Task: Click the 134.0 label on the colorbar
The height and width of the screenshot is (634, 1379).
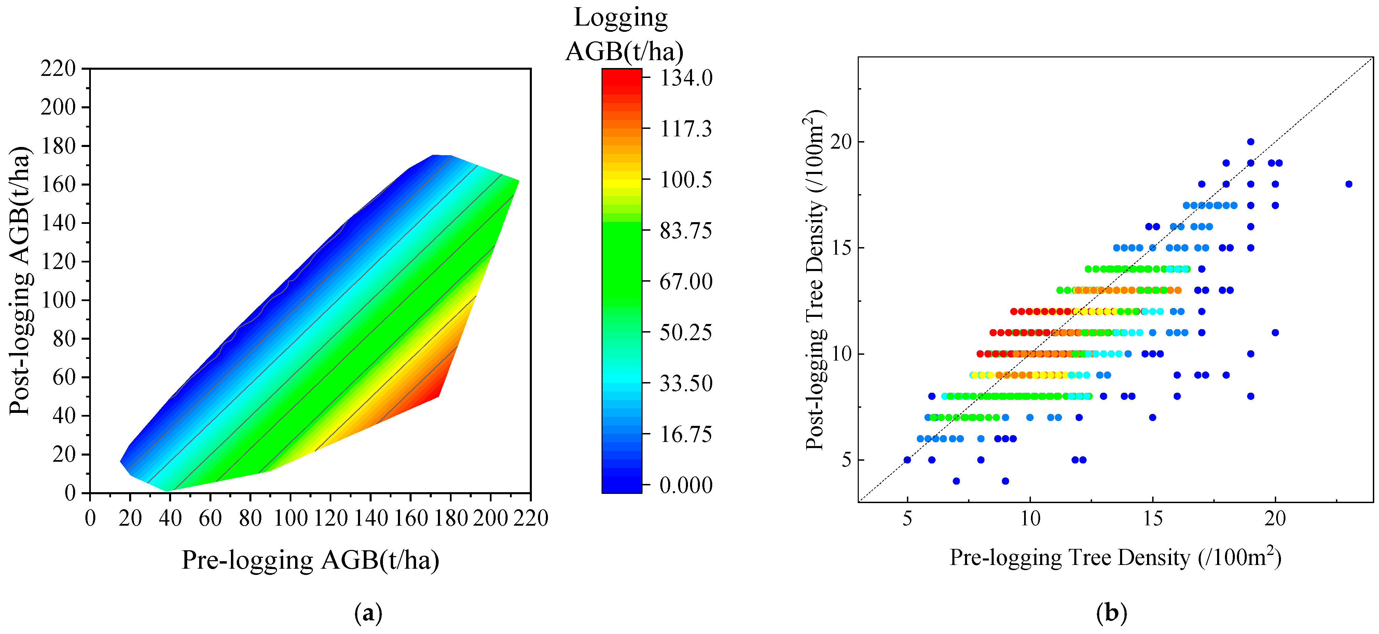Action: [686, 79]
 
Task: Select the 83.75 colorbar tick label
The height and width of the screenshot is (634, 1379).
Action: [686, 231]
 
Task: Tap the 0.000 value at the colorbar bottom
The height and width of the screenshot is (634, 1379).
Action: [686, 485]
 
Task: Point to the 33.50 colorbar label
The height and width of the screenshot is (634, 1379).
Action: [686, 383]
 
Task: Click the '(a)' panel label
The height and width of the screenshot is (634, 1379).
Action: [368, 612]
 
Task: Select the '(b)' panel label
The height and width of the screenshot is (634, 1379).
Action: [1111, 612]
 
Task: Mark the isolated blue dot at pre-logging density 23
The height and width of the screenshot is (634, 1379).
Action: [1349, 184]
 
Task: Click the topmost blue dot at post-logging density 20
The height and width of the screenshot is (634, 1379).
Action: [1251, 142]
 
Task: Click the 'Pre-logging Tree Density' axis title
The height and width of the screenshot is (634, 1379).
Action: [1115, 557]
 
